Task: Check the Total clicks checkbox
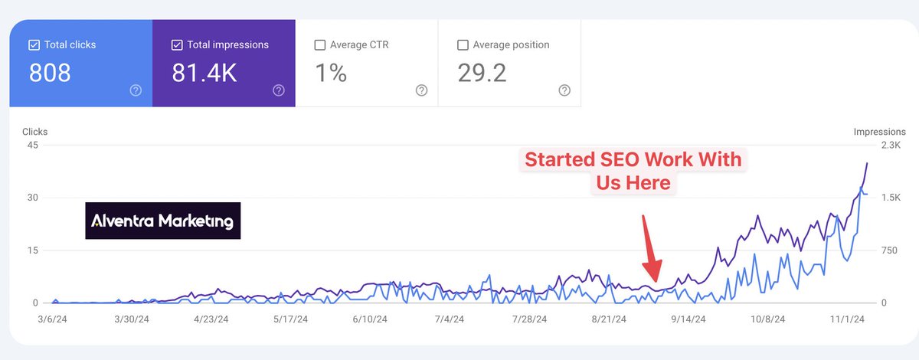point(33,45)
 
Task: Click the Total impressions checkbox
point(176,45)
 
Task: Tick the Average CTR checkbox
point(319,45)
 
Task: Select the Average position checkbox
point(462,45)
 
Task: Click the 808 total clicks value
point(50,73)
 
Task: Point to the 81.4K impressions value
point(204,73)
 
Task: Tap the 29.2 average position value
point(482,73)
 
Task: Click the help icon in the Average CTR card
point(421,90)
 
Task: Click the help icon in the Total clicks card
point(136,90)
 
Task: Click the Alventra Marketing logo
point(162,221)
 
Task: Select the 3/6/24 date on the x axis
point(55,319)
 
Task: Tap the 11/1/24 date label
point(848,319)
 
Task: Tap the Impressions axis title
point(879,132)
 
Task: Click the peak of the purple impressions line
point(867,162)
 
